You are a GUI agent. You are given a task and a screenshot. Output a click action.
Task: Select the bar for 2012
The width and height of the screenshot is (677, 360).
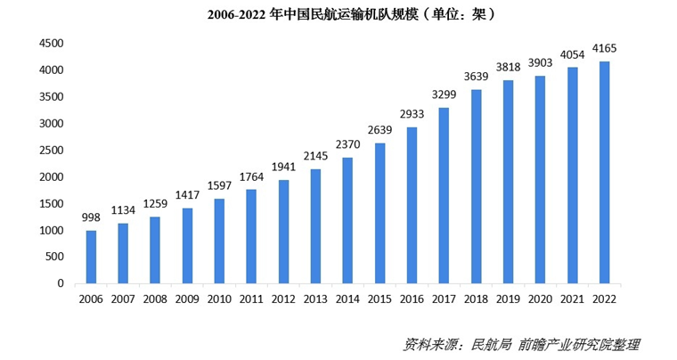click(283, 232)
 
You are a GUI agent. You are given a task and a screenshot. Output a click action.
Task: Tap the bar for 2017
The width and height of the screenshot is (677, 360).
click(444, 195)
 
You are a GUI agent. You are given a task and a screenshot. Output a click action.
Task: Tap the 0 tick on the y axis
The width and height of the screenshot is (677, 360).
click(60, 283)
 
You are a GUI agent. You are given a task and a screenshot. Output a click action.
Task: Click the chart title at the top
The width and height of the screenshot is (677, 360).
click(338, 14)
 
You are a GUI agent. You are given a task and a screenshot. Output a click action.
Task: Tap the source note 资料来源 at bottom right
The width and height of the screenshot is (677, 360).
click(521, 344)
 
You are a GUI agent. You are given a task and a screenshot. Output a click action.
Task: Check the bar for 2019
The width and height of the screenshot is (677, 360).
click(508, 182)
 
